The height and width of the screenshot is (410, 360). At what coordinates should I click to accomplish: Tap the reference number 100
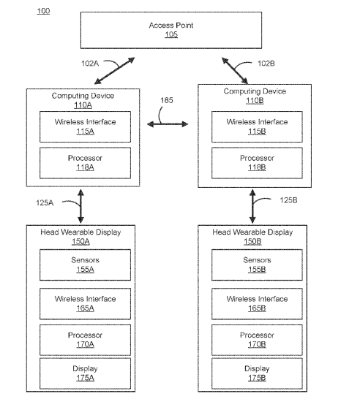coord(43,11)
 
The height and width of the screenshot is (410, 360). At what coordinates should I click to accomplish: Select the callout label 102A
coord(90,64)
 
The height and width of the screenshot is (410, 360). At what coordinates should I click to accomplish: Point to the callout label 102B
coord(266,64)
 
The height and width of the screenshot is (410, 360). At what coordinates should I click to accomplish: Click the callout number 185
coord(167,100)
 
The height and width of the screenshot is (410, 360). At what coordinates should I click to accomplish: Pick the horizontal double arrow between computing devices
coord(168,124)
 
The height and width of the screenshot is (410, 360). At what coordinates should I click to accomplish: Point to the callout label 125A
coord(45,202)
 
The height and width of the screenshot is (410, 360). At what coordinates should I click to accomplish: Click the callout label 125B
coord(288,200)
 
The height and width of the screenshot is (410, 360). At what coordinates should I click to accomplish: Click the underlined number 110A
coord(83,105)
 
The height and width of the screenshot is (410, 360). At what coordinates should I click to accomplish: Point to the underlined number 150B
coord(252,242)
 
